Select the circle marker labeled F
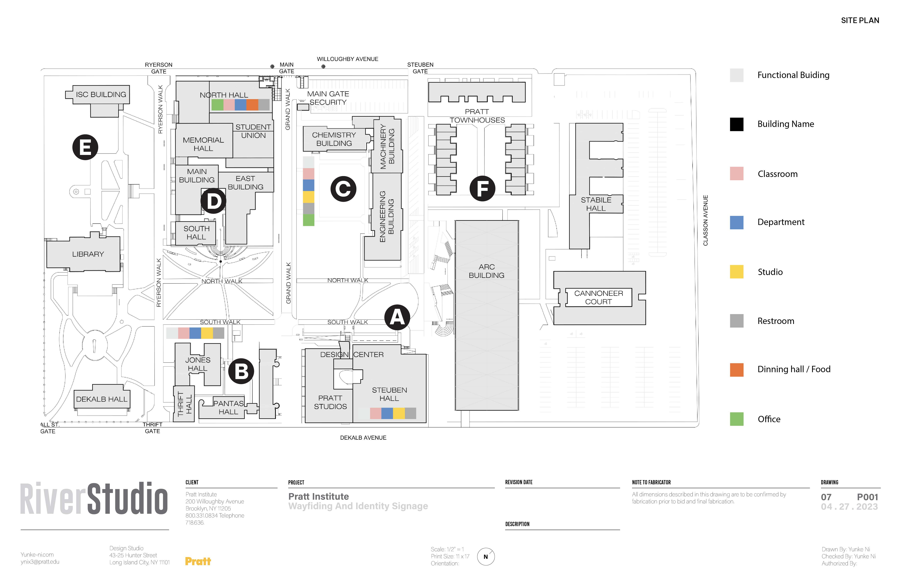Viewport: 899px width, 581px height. click(482, 188)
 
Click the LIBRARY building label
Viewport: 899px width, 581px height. click(88, 254)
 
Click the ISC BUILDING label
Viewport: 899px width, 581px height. click(101, 94)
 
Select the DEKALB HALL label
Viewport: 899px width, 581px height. click(102, 399)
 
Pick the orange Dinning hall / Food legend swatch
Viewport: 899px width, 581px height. click(737, 370)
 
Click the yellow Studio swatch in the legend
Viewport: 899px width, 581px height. click(737, 272)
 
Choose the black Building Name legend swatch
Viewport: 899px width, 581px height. click(737, 124)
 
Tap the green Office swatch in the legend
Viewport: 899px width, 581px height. click(737, 419)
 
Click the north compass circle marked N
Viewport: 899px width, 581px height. click(486, 557)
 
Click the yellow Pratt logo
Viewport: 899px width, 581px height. click(198, 561)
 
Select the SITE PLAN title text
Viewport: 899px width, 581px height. click(860, 20)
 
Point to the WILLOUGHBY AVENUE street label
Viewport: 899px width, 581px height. click(347, 59)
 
